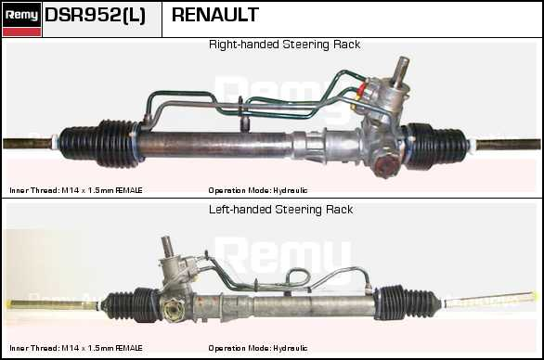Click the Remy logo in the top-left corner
click(22, 19)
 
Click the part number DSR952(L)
click(95, 15)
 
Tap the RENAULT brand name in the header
click(215, 15)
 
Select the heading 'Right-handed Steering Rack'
click(284, 45)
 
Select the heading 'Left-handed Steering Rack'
click(280, 210)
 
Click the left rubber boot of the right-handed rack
click(100, 144)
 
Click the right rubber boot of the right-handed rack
click(436, 146)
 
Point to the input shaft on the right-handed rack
click(400, 71)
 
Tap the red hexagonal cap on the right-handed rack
click(386, 166)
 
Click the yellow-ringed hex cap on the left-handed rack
click(174, 309)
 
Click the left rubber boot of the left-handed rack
click(131, 304)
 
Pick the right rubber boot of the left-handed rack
click(408, 302)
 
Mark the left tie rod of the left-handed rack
click(53, 304)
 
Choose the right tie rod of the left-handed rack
click(489, 300)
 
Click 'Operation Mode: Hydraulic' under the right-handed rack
click(258, 190)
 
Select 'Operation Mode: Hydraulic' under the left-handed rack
click(258, 348)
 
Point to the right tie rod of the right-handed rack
click(508, 144)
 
